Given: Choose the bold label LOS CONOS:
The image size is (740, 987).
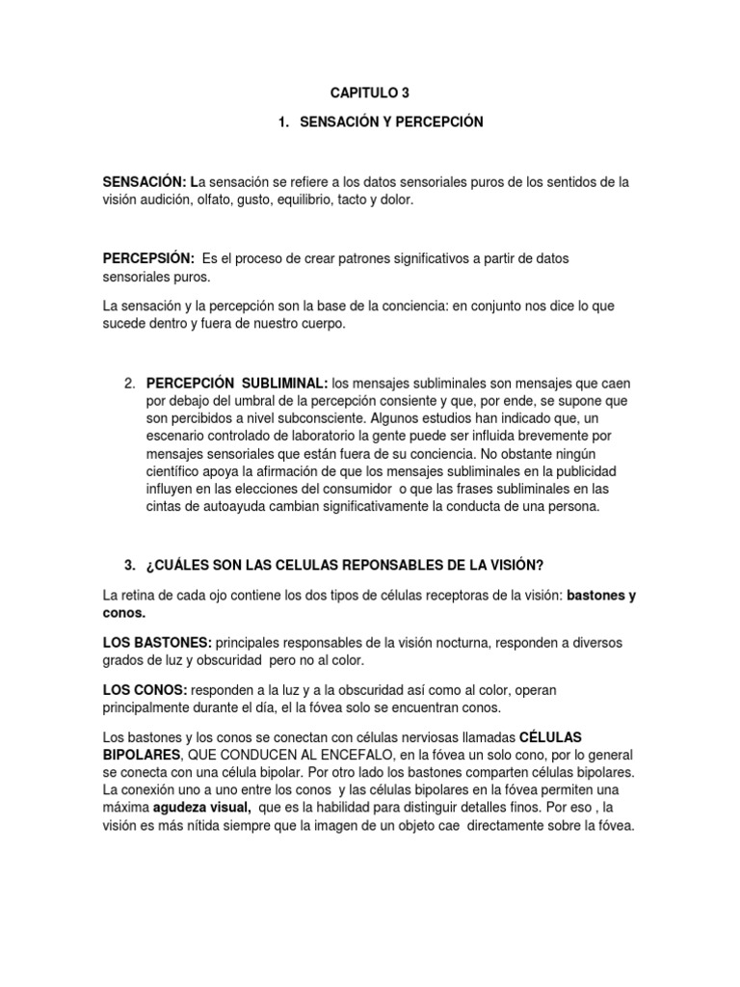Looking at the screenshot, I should (x=145, y=691).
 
